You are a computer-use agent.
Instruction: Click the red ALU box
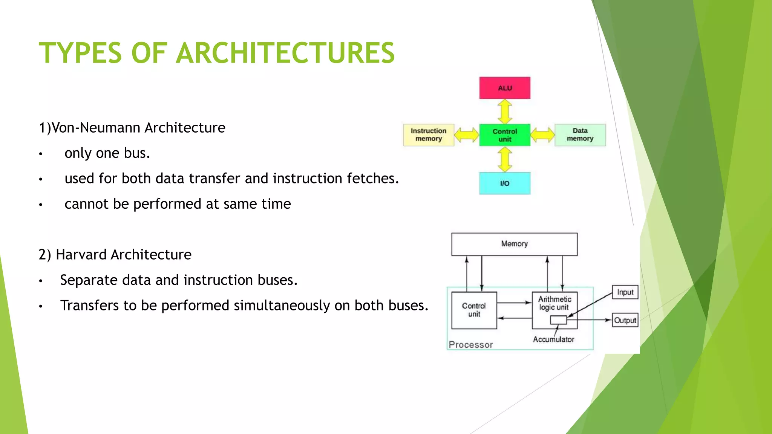pyautogui.click(x=505, y=88)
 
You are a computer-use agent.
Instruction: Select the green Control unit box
pyautogui.click(x=505, y=135)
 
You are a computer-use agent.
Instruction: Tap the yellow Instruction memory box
pyautogui.click(x=429, y=135)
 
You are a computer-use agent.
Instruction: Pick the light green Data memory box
pyautogui.click(x=580, y=135)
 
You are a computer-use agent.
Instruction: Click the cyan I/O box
pyautogui.click(x=505, y=183)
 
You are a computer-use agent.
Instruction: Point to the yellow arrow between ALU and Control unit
pyautogui.click(x=505, y=112)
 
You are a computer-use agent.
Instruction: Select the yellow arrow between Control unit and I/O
pyautogui.click(x=505, y=159)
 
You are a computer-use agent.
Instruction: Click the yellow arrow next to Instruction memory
pyautogui.click(x=467, y=135)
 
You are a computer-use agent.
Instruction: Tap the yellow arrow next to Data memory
pyautogui.click(x=542, y=135)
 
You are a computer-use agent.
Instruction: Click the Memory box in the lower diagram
pyautogui.click(x=514, y=244)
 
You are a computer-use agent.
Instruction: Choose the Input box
pyautogui.click(x=625, y=292)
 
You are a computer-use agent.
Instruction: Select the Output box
pyautogui.click(x=625, y=320)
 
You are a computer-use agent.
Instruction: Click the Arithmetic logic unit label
pyautogui.click(x=554, y=303)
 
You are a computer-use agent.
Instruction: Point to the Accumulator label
pyautogui.click(x=553, y=339)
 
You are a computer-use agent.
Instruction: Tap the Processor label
pyautogui.click(x=471, y=345)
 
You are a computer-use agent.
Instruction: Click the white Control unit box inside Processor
pyautogui.click(x=474, y=310)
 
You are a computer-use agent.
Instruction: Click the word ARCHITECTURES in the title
pyautogui.click(x=285, y=53)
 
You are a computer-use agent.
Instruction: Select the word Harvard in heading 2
pyautogui.click(x=81, y=255)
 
